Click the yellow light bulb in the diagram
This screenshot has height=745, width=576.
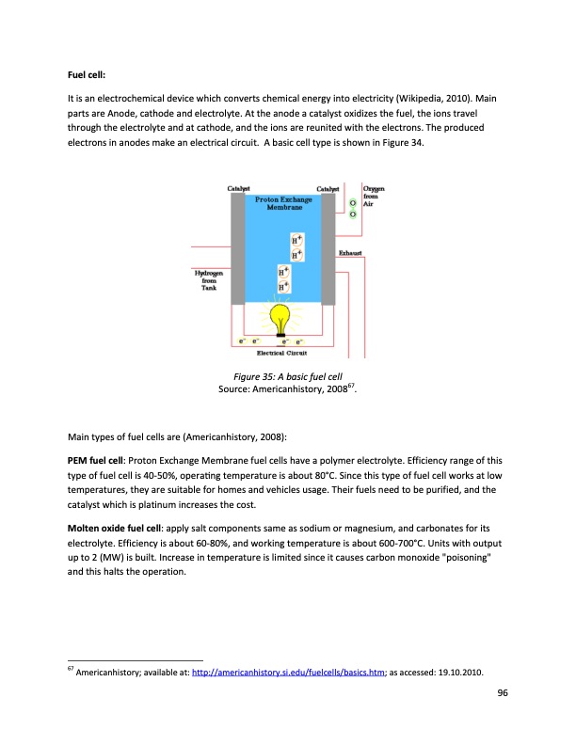click(279, 317)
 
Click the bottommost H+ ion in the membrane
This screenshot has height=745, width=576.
click(282, 286)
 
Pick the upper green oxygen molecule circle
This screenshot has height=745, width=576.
click(352, 203)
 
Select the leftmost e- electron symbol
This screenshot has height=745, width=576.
click(242, 341)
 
